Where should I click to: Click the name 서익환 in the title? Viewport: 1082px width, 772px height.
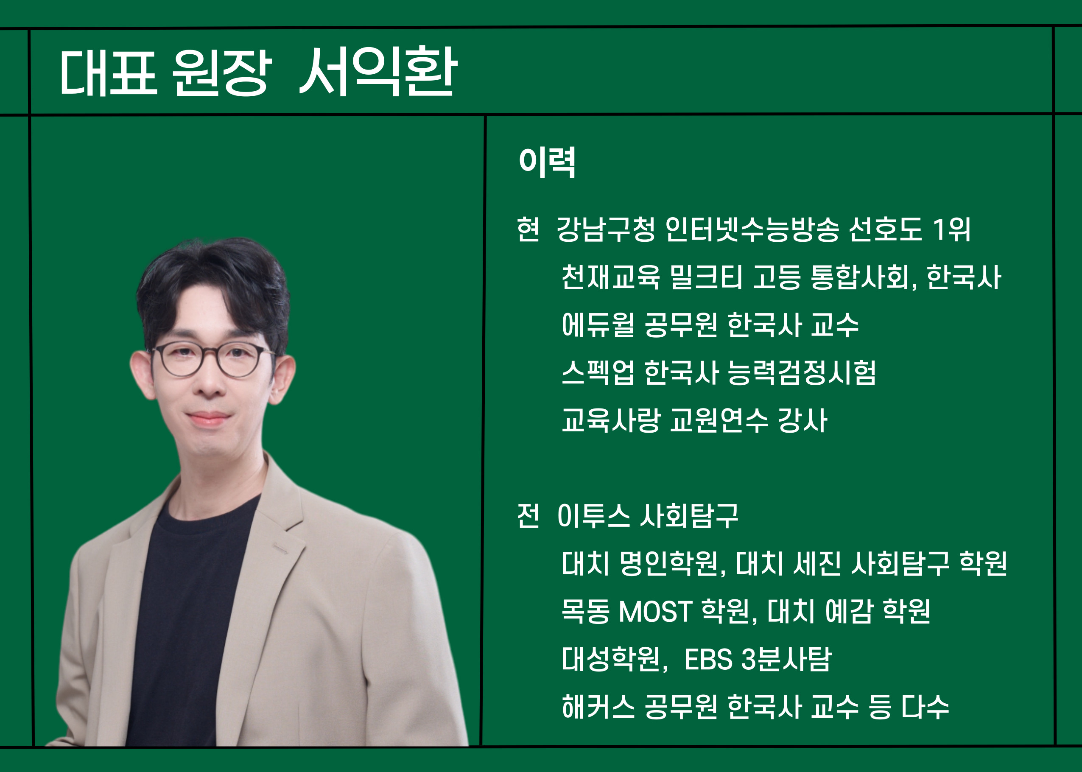pyautogui.click(x=377, y=72)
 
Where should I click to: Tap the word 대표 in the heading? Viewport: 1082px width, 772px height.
pyautogui.click(x=109, y=72)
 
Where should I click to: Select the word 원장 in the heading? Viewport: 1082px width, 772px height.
pyautogui.click(x=221, y=72)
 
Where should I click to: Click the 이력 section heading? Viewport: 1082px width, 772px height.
pyautogui.click(x=547, y=162)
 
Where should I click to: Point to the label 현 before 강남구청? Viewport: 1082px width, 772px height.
pyautogui.click(x=528, y=229)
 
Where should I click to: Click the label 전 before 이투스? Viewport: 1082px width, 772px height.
pyautogui.click(x=528, y=516)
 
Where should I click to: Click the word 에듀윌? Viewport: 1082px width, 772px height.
pyautogui.click(x=598, y=325)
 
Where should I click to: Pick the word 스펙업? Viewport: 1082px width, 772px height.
pyautogui.click(x=598, y=373)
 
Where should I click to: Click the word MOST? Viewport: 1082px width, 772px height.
pyautogui.click(x=654, y=611)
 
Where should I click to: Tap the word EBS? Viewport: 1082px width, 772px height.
pyautogui.click(x=708, y=659)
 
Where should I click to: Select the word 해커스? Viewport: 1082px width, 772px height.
pyautogui.click(x=598, y=707)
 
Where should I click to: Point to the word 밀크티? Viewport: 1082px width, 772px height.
pyautogui.click(x=705, y=277)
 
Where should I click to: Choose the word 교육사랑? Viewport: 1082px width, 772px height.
pyautogui.click(x=611, y=420)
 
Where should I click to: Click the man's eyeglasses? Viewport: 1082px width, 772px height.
pyautogui.click(x=212, y=360)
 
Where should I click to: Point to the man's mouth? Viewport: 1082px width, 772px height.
pyautogui.click(x=208, y=418)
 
